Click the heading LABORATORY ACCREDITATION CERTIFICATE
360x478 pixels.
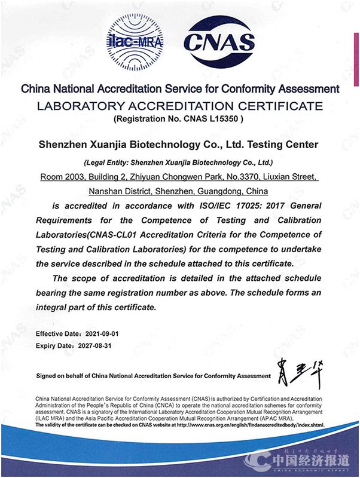(x=180, y=106)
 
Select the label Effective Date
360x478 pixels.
(x=57, y=333)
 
